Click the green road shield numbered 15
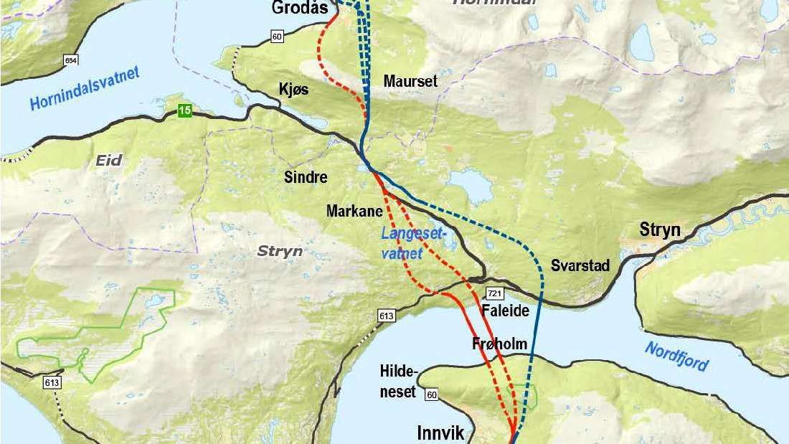click(x=186, y=110)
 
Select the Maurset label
click(x=410, y=81)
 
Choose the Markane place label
click(x=354, y=211)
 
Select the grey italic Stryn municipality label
click(x=280, y=251)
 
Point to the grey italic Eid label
click(x=109, y=161)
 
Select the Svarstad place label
click(x=580, y=266)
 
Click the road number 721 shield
click(x=493, y=294)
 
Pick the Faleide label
click(x=506, y=311)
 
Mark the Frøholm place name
click(x=500, y=344)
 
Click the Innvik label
click(x=441, y=433)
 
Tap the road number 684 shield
click(x=70, y=60)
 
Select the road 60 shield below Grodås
click(x=278, y=36)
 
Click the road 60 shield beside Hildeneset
click(x=430, y=395)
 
